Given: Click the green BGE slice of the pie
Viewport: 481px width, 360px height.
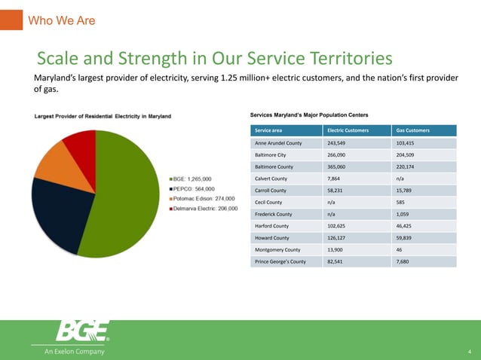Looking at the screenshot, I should pyautogui.click(x=124, y=196).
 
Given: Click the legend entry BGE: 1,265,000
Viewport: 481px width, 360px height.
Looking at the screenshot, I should pyautogui.click(x=192, y=178).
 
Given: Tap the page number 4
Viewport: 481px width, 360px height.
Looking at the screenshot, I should pyautogui.click(x=469, y=352).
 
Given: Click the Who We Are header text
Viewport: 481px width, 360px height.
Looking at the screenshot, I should pyautogui.click(x=61, y=20).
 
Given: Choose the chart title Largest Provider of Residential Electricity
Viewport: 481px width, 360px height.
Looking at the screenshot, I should pyautogui.click(x=101, y=116).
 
